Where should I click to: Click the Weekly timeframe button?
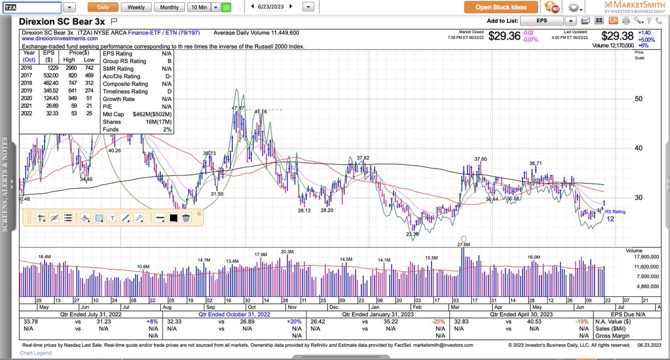[x=136, y=7]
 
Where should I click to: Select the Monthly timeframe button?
[x=169, y=7]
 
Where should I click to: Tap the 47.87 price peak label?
[x=238, y=108]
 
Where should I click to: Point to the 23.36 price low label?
[x=413, y=235]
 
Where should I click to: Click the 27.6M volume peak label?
[x=463, y=244]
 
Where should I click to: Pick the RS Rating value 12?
[x=611, y=219]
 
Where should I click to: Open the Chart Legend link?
[x=36, y=353]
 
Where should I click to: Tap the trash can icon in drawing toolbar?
[x=186, y=218]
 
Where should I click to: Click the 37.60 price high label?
[x=480, y=160]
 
